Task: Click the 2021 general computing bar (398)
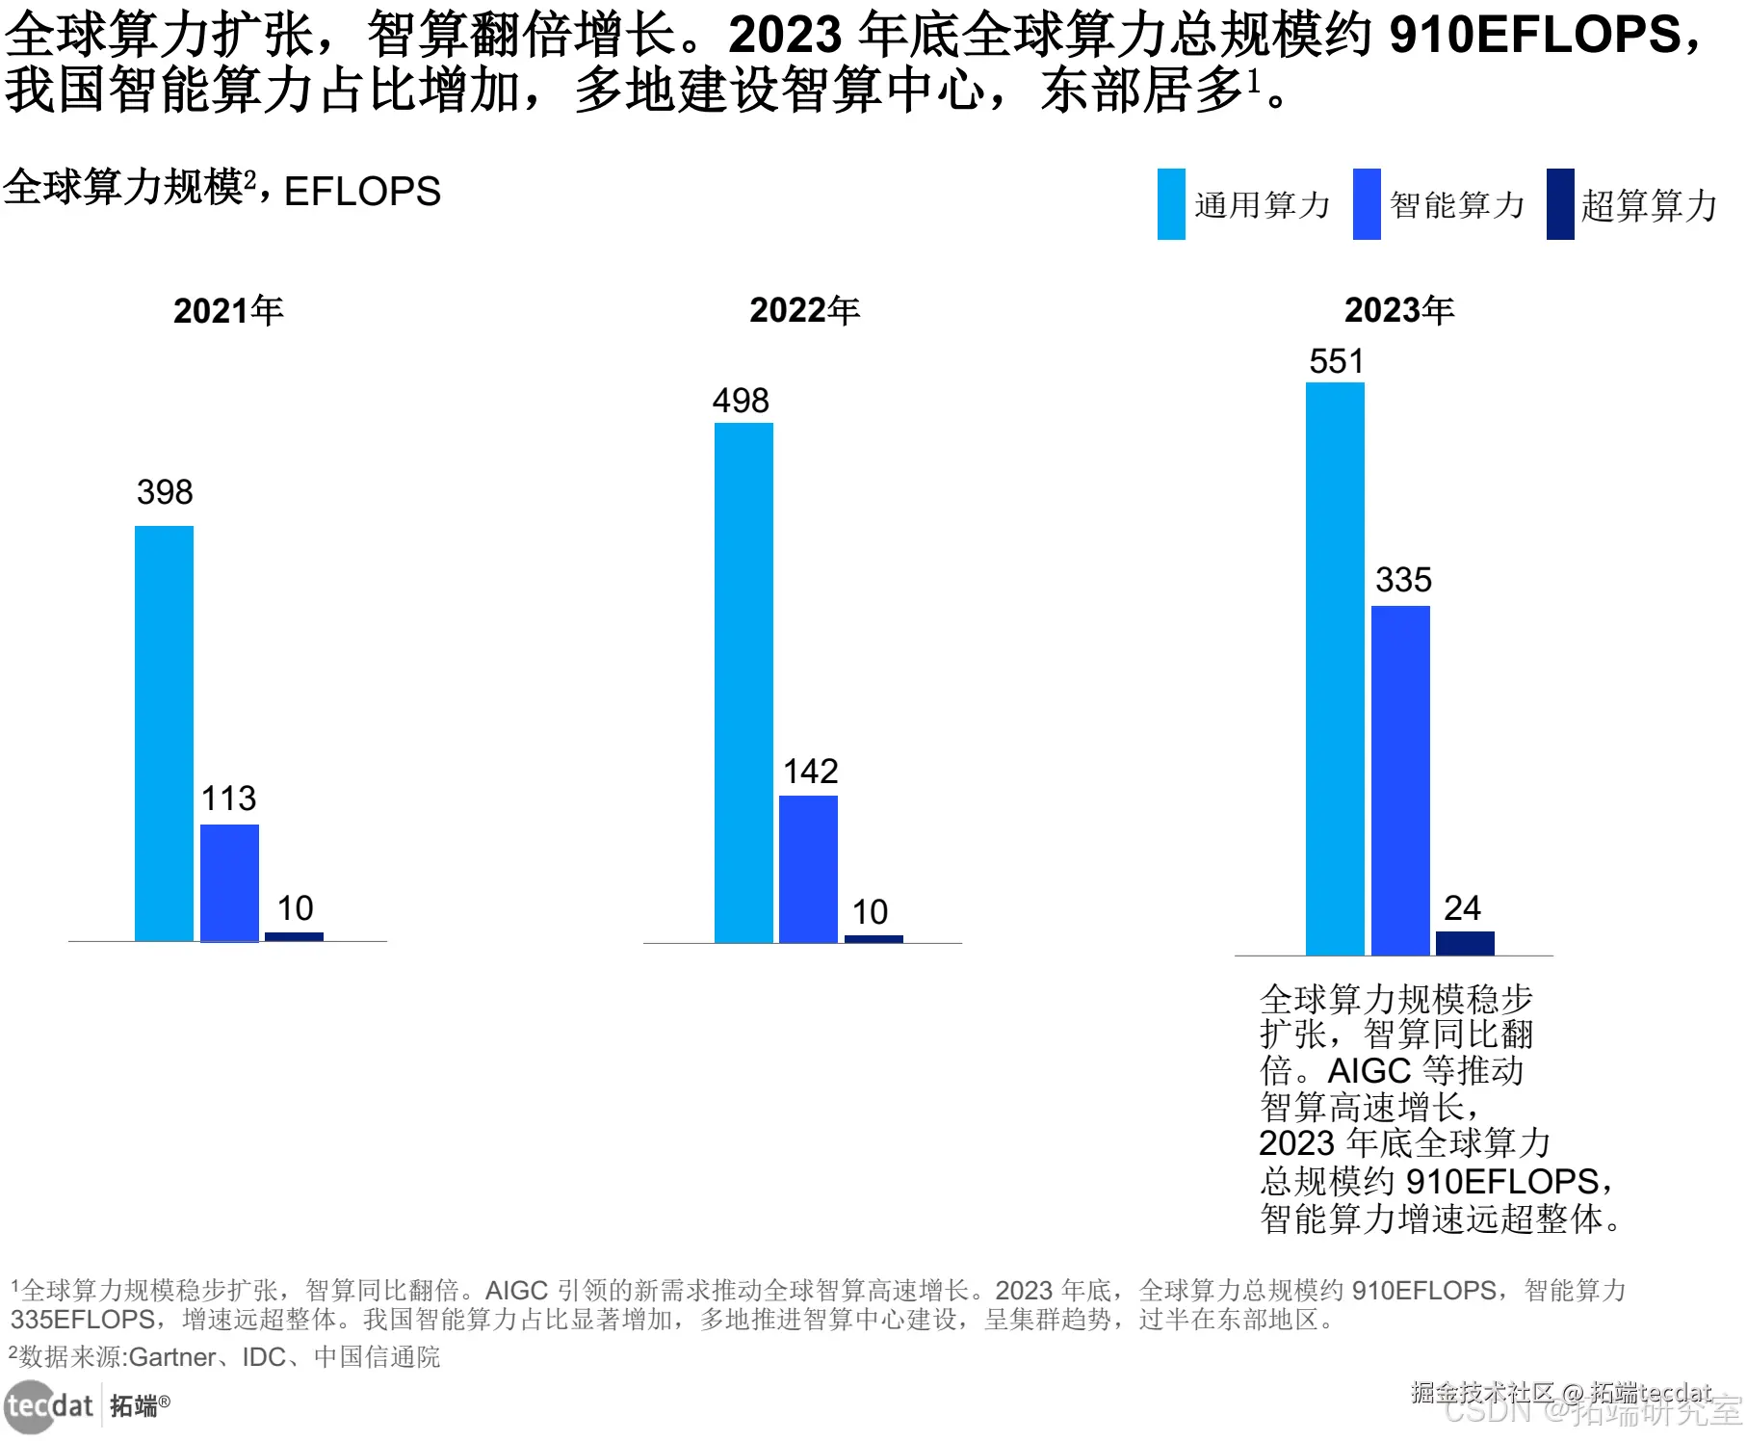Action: tap(164, 733)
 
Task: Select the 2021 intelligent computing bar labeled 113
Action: tap(229, 882)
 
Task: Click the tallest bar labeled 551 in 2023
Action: tap(1335, 668)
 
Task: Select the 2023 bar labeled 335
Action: tap(1400, 780)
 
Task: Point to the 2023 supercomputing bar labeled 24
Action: tap(1465, 943)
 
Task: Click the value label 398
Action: tap(165, 492)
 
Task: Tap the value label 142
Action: tap(810, 772)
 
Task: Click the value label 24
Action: tap(1462, 908)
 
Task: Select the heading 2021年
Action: tap(228, 310)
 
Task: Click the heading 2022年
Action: tap(804, 310)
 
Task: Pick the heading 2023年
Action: tap(1398, 310)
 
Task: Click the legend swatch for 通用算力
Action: tap(1171, 204)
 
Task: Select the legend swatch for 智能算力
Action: tap(1367, 204)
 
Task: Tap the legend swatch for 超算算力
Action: tap(1560, 204)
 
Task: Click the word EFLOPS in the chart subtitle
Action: tap(362, 191)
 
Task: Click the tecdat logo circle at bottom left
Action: tap(29, 1406)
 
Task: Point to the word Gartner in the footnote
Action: tap(172, 1357)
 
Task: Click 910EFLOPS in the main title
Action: tap(1535, 35)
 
